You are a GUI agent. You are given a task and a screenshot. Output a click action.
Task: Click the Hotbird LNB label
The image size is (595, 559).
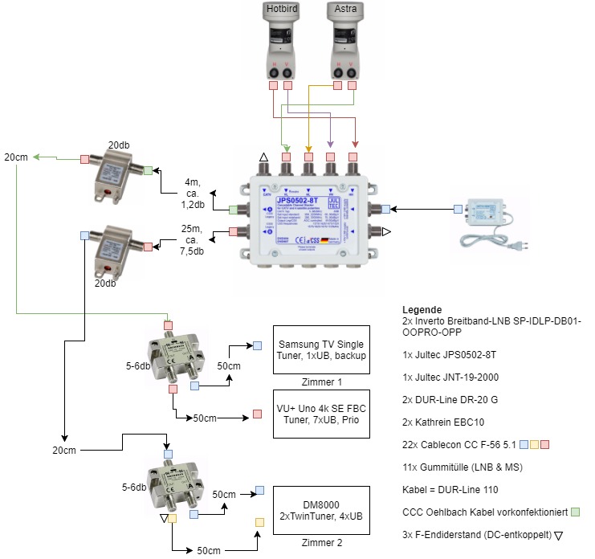point(282,9)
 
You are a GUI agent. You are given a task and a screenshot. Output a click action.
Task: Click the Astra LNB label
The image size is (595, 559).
point(345,9)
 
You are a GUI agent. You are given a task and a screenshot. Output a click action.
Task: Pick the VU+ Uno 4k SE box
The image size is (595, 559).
point(321,414)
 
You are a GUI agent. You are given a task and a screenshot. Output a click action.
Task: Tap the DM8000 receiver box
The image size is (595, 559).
point(321,510)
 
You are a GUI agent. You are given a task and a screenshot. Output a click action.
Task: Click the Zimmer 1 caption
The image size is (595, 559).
point(321,382)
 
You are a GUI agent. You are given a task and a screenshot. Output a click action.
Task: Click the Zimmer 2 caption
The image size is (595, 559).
point(321,542)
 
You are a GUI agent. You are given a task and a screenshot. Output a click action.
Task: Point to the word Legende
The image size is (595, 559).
point(422,309)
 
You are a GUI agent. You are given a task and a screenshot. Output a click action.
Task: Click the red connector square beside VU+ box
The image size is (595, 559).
point(257,414)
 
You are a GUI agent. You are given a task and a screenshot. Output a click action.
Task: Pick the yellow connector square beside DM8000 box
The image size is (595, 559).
point(259,522)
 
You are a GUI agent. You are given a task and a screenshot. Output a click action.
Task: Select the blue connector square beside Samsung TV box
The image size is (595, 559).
point(257,345)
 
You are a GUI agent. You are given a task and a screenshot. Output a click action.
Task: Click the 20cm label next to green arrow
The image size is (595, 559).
point(15,157)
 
